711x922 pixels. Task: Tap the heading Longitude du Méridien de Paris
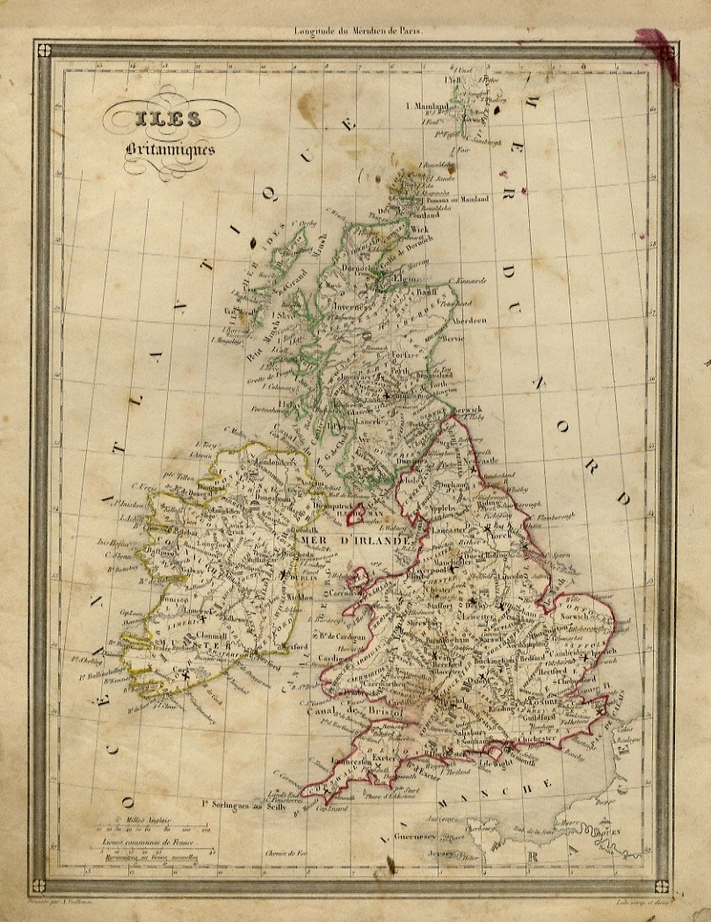pyautogui.click(x=359, y=30)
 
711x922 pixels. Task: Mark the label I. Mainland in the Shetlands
pyautogui.click(x=428, y=106)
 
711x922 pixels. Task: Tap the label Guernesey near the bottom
pyautogui.click(x=416, y=836)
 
